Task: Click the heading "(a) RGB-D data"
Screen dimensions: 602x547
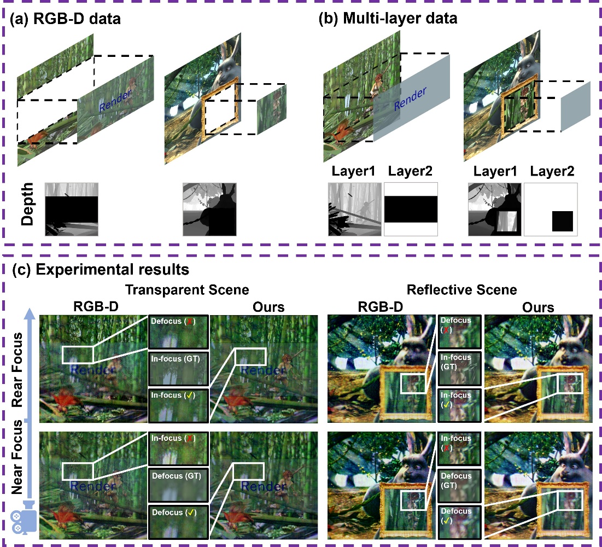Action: [65, 19]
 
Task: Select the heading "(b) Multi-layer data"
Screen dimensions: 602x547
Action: [388, 18]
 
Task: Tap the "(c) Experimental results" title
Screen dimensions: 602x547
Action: [101, 269]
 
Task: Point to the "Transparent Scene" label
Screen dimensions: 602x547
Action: [187, 289]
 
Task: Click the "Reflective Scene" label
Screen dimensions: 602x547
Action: [461, 289]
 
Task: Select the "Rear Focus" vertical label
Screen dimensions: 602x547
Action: [17, 370]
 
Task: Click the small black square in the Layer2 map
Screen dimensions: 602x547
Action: [563, 221]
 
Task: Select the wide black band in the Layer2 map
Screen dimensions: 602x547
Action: [411, 210]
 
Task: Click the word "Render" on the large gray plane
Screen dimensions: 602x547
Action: [410, 98]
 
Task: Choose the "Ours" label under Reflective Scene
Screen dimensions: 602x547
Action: [538, 307]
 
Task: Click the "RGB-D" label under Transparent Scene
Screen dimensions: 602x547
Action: [96, 306]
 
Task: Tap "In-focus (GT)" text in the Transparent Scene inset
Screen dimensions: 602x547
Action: [176, 359]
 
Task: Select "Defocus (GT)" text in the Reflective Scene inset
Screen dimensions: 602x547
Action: [456, 480]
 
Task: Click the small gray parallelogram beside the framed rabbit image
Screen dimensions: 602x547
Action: [576, 107]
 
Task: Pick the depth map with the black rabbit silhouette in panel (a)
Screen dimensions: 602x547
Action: [209, 210]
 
